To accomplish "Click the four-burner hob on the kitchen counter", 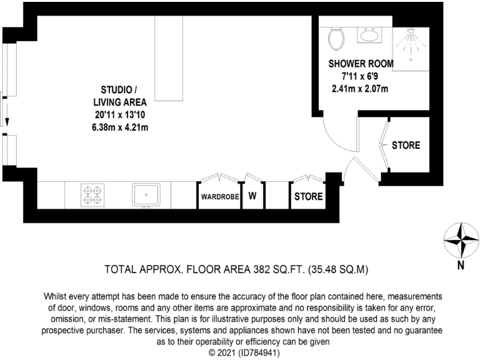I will [x=93, y=195].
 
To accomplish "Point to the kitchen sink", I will [x=146, y=194].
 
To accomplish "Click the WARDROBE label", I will [x=220, y=196].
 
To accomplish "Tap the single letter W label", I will [x=252, y=196].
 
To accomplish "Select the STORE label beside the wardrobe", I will [x=309, y=196].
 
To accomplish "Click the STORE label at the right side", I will [x=406, y=145].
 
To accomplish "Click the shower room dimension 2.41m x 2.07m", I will [x=360, y=88].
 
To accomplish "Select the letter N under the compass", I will [x=461, y=264].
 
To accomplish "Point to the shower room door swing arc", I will [x=331, y=134].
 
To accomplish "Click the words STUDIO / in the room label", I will [x=116, y=89].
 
